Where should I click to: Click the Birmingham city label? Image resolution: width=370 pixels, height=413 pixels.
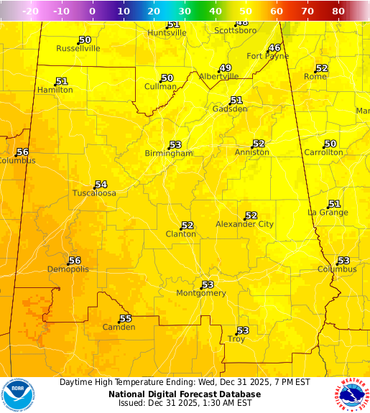tap(169, 154)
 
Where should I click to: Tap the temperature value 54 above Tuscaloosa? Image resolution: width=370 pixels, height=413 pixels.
tap(101, 185)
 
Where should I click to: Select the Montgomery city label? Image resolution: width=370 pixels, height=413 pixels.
tap(201, 293)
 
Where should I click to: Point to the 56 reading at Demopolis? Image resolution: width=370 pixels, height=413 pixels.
tap(75, 261)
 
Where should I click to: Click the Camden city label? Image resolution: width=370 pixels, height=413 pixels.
tap(119, 328)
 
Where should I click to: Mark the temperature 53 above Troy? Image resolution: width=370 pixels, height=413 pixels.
tap(243, 330)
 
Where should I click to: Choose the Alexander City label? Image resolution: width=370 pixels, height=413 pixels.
tap(244, 225)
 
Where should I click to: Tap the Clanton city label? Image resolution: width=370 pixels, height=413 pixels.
tap(180, 234)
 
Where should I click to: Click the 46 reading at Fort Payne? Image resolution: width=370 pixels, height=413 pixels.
tap(274, 48)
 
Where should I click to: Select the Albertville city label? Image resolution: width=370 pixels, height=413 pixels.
tap(218, 76)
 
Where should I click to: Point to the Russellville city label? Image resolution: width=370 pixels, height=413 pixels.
tap(78, 49)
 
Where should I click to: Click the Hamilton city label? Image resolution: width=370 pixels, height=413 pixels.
tap(55, 91)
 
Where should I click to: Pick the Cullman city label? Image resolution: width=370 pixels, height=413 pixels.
tap(160, 87)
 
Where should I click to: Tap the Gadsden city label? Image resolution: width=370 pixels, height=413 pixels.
tap(230, 109)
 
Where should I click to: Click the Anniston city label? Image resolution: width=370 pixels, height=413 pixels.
tap(252, 152)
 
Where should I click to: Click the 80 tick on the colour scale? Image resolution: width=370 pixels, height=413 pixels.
tap(338, 11)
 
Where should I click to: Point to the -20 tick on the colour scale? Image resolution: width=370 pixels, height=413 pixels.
tap(31, 11)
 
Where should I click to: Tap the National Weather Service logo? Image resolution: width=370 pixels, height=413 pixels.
tap(351, 394)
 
